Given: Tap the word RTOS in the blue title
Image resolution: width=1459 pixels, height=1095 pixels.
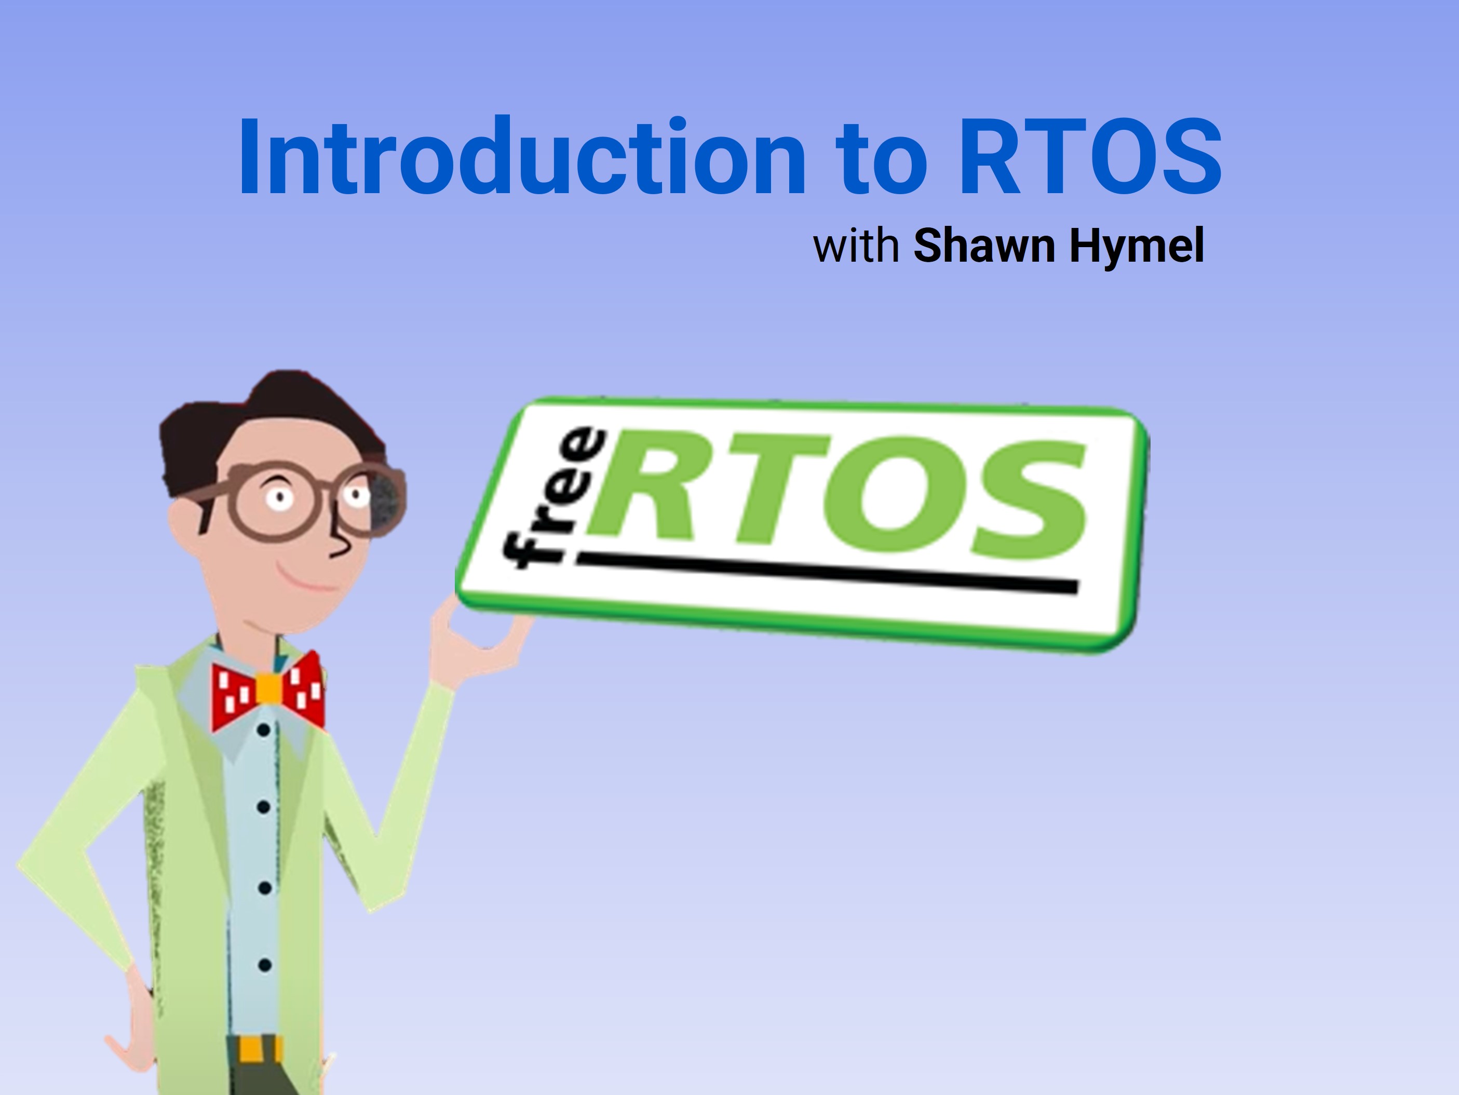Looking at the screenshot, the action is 1090,156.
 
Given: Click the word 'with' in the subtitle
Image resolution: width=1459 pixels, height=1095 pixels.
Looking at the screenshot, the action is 856,246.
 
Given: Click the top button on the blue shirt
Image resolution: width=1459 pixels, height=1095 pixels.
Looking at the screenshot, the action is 263,730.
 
